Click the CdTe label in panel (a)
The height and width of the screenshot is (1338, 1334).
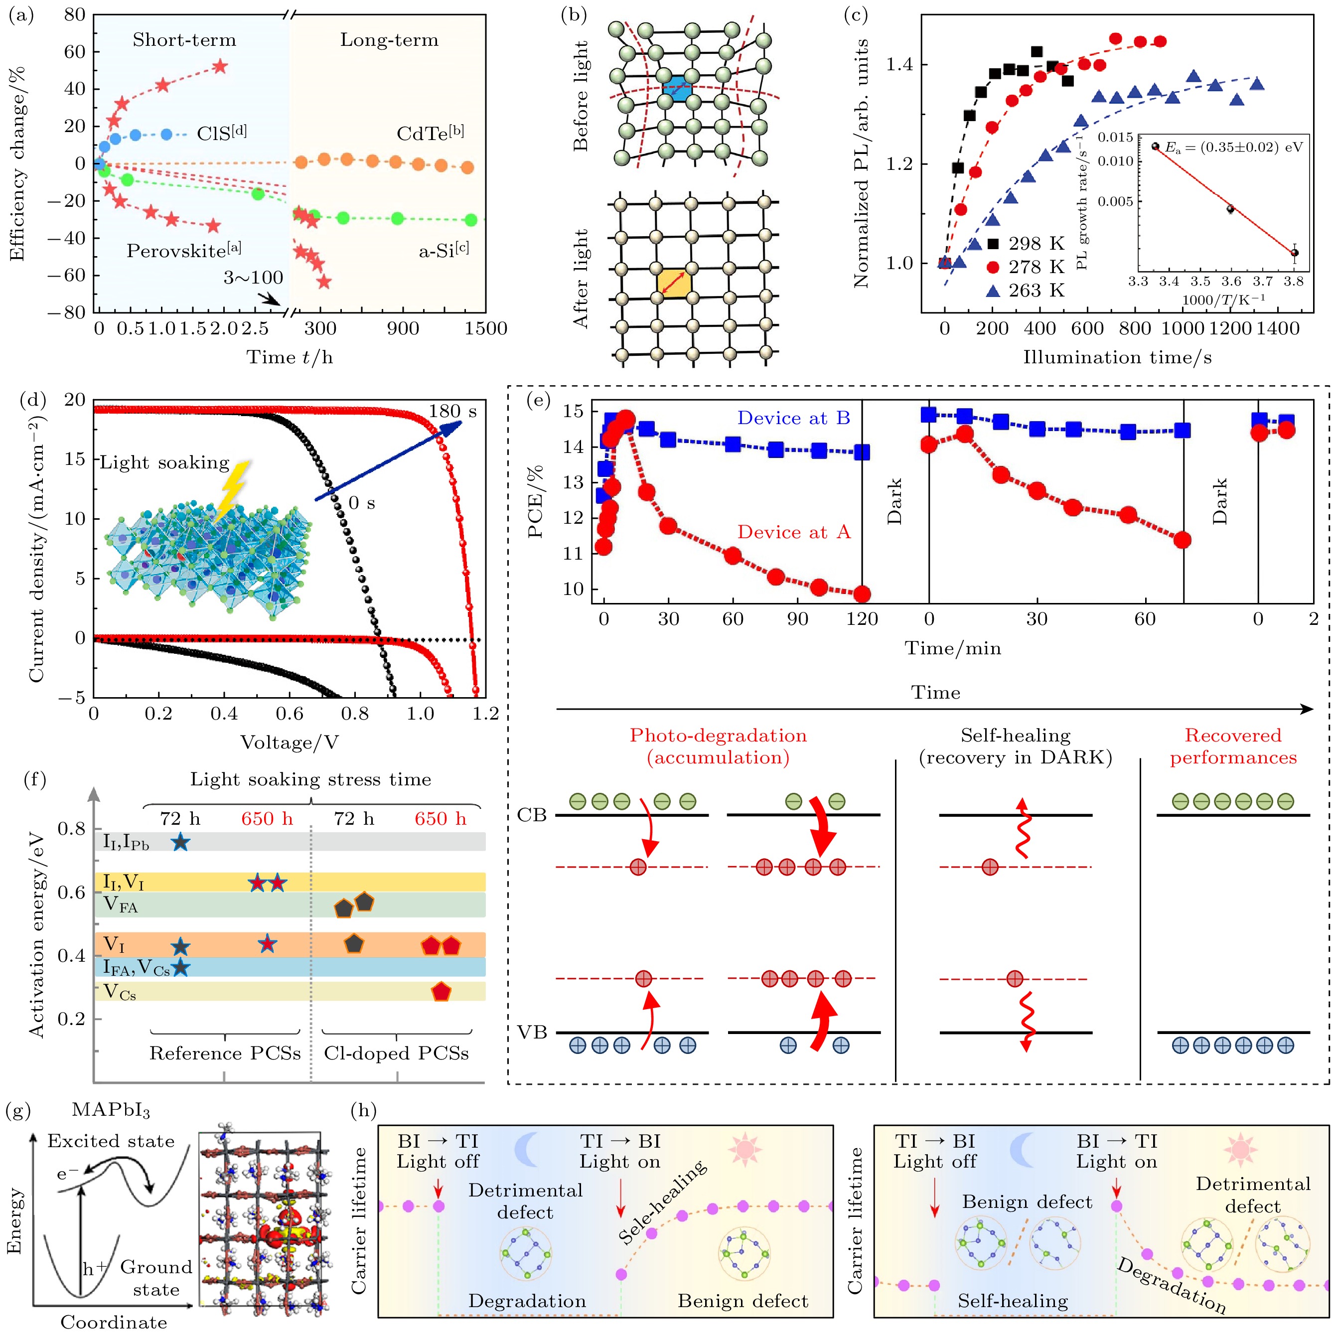coord(430,133)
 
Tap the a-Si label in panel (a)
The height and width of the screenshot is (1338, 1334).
coord(444,250)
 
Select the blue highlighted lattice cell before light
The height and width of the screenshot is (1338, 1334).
coord(677,90)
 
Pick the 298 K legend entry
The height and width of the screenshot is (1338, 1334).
coord(1026,244)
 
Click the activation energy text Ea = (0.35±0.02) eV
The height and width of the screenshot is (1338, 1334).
coord(1233,148)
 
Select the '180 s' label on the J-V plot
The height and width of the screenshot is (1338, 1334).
coord(452,412)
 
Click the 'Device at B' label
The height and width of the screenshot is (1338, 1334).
coord(793,418)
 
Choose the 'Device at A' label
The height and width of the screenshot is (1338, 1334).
coord(793,532)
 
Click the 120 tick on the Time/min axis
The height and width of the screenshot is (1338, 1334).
coord(862,619)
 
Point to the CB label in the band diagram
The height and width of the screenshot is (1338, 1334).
coord(532,815)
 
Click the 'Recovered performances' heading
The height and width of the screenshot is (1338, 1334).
coord(1233,746)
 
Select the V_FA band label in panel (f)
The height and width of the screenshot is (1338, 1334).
coord(121,904)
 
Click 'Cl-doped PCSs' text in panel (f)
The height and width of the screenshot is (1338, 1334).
coord(396,1053)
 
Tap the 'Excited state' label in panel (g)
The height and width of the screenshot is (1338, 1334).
coord(111,1141)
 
